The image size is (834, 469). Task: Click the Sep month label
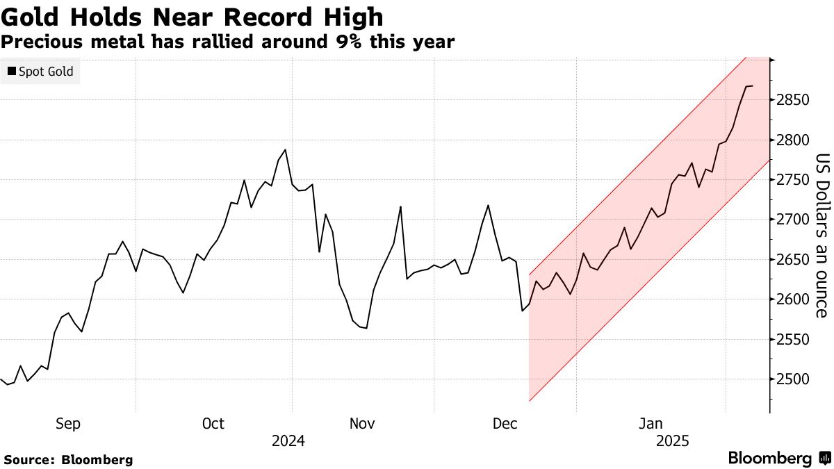point(68,424)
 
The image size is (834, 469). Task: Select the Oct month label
point(213,424)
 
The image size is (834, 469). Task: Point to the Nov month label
point(362,424)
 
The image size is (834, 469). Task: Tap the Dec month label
point(506,424)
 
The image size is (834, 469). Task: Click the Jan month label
point(651,424)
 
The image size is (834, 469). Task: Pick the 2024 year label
point(288,441)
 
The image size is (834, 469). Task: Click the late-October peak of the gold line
point(286,150)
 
